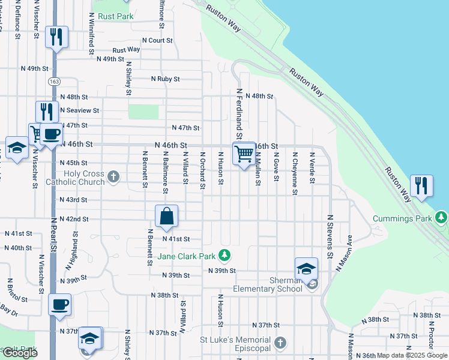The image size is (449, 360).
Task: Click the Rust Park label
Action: click(x=116, y=17)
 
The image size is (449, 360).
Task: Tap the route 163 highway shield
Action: click(x=55, y=80)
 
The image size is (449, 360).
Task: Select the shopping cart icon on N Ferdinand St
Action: click(x=244, y=154)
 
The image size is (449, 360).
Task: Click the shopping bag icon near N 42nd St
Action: click(x=167, y=217)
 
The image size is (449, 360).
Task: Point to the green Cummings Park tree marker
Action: click(x=442, y=215)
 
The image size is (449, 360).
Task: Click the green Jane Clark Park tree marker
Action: click(x=224, y=256)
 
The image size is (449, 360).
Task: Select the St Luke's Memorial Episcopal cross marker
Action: click(x=279, y=344)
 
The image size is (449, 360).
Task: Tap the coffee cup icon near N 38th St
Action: click(x=59, y=305)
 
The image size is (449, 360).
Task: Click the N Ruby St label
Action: click(x=165, y=79)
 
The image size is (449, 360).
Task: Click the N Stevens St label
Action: click(x=330, y=237)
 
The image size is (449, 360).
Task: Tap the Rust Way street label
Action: click(x=126, y=50)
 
